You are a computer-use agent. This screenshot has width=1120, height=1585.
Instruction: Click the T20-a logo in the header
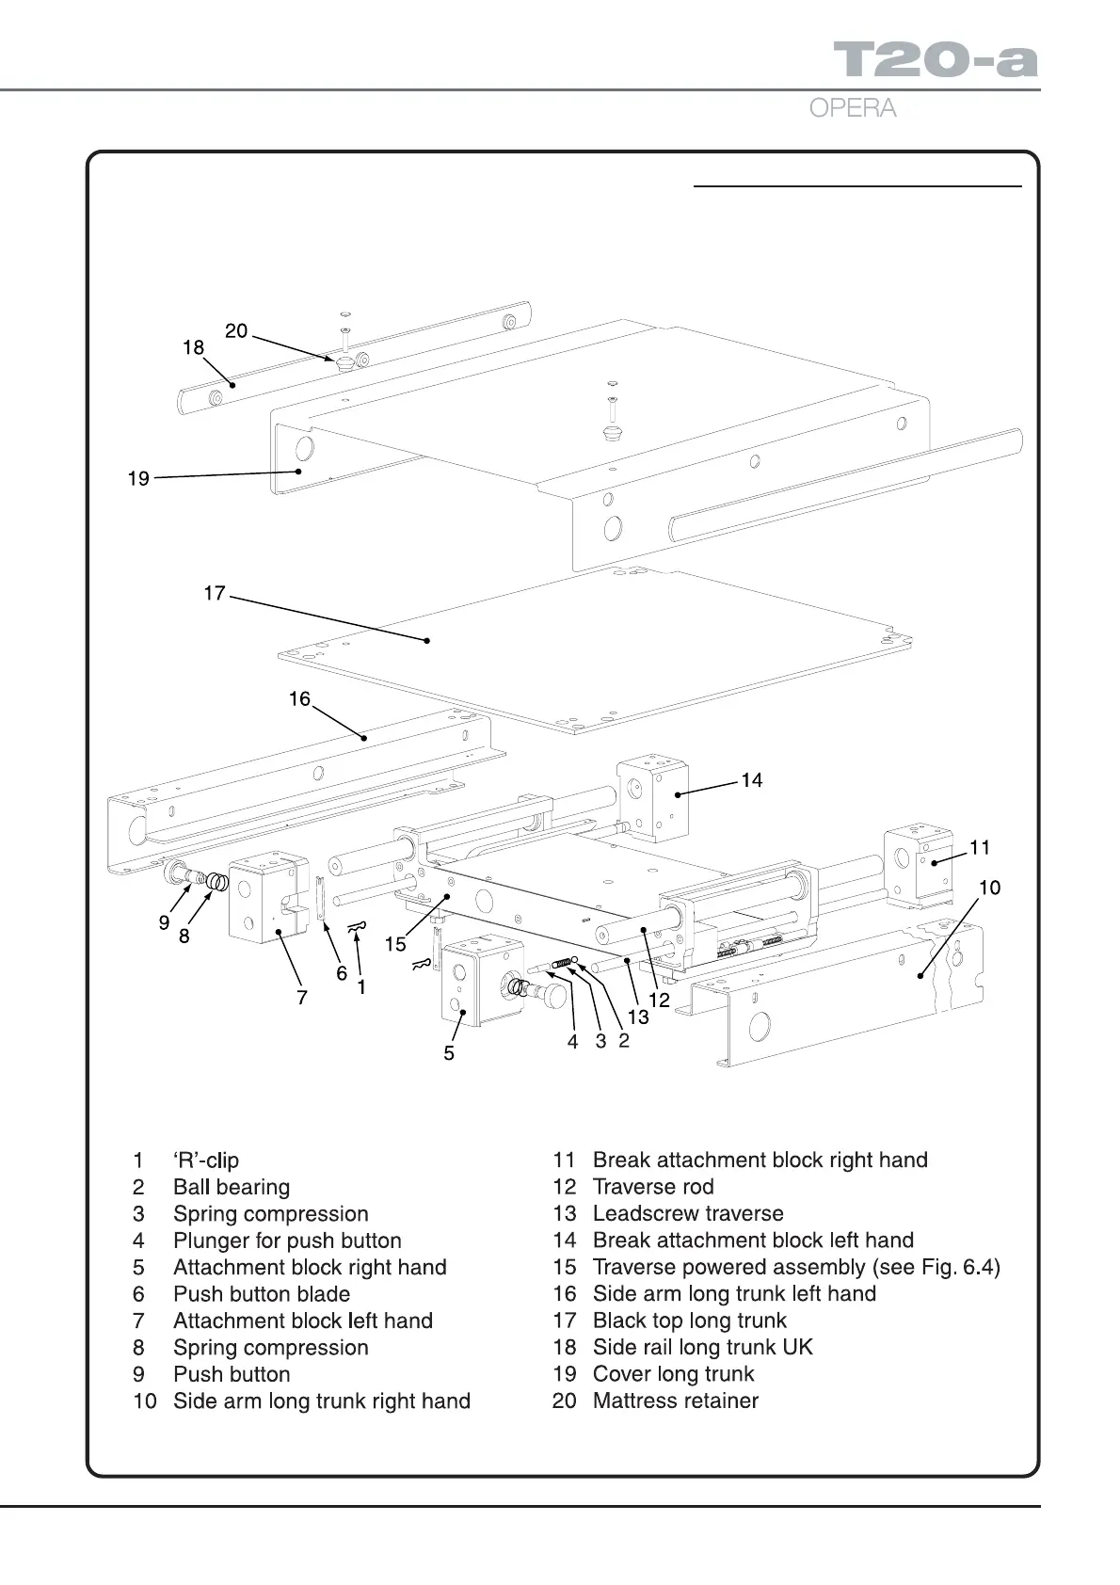(936, 59)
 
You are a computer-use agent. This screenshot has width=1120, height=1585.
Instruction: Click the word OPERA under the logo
(852, 108)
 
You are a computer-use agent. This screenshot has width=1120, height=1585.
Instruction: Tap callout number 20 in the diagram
(236, 330)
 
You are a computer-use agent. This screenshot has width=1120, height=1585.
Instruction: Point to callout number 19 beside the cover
(138, 479)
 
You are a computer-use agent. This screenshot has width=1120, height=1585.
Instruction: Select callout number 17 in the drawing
(215, 593)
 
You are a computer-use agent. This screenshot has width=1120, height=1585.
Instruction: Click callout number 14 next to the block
(751, 780)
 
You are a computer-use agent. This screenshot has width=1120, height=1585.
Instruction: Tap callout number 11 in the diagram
(980, 847)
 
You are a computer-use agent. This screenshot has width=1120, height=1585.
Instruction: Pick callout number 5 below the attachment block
(449, 1053)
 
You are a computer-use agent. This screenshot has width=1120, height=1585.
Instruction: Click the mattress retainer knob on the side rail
(343, 362)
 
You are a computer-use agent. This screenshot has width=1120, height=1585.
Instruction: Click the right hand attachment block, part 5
(479, 979)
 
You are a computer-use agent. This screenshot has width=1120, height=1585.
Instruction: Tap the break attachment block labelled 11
(916, 864)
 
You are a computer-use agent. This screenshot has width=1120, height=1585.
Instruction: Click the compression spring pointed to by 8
(217, 883)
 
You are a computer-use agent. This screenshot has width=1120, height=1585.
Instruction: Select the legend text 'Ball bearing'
(232, 1187)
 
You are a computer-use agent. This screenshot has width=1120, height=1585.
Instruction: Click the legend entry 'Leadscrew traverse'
(688, 1213)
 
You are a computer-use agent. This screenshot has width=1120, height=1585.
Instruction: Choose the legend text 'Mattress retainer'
(676, 1401)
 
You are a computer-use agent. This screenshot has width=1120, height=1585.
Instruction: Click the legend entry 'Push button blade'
(262, 1294)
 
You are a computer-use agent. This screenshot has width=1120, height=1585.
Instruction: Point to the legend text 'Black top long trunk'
(690, 1321)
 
